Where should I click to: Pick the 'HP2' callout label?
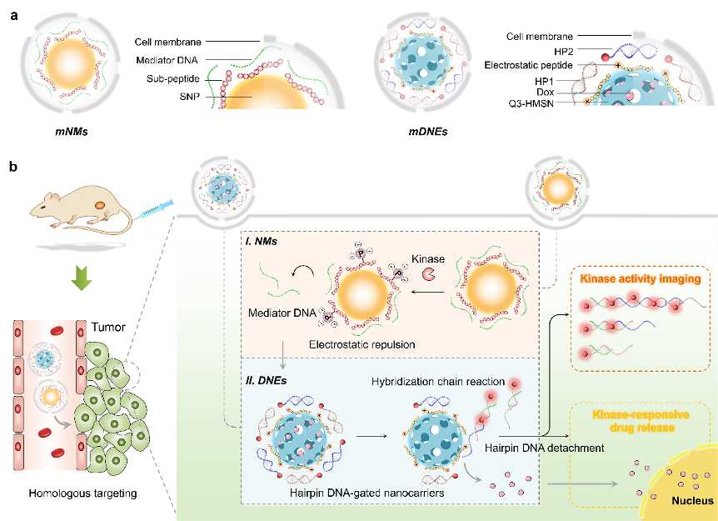[x=542, y=50]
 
